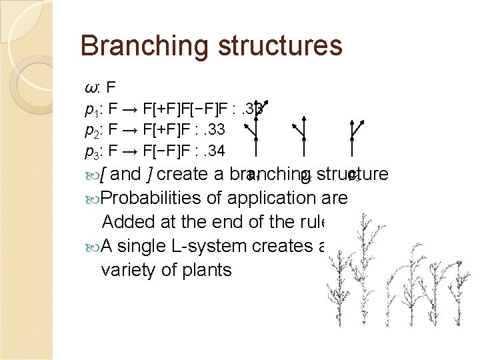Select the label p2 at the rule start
click(x=92, y=129)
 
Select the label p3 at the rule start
click(x=92, y=151)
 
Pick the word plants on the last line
click(x=203, y=270)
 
